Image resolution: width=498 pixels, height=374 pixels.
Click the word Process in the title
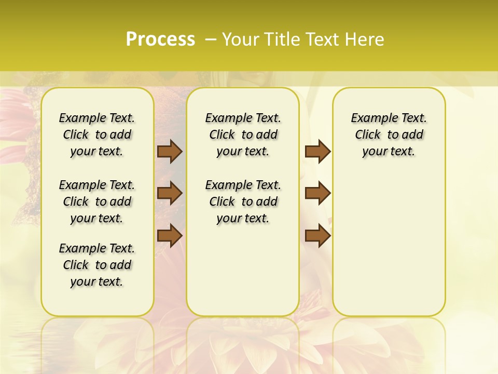[x=160, y=39]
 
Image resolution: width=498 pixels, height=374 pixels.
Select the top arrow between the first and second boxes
[x=170, y=152]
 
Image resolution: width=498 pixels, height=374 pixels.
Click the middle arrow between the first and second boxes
[x=170, y=193]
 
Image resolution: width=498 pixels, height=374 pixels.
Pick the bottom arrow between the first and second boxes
[x=170, y=235]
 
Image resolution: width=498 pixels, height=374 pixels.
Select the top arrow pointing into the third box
[x=317, y=152]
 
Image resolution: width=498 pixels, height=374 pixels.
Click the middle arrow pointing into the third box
[x=317, y=193]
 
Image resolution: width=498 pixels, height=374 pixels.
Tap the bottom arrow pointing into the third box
[x=317, y=235]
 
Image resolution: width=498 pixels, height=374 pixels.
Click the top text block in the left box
[x=97, y=135]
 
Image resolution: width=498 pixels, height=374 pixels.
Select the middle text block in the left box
[x=97, y=202]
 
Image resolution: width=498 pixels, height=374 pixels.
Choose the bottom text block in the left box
[x=97, y=265]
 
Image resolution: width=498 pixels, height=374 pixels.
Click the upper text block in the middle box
[x=243, y=135]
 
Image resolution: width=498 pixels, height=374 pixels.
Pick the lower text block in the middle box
[x=243, y=202]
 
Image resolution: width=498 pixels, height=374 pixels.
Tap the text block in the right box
[x=389, y=135]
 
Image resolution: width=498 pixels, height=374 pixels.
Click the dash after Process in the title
[x=211, y=39]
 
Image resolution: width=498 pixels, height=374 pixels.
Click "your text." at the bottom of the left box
[x=97, y=282]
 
